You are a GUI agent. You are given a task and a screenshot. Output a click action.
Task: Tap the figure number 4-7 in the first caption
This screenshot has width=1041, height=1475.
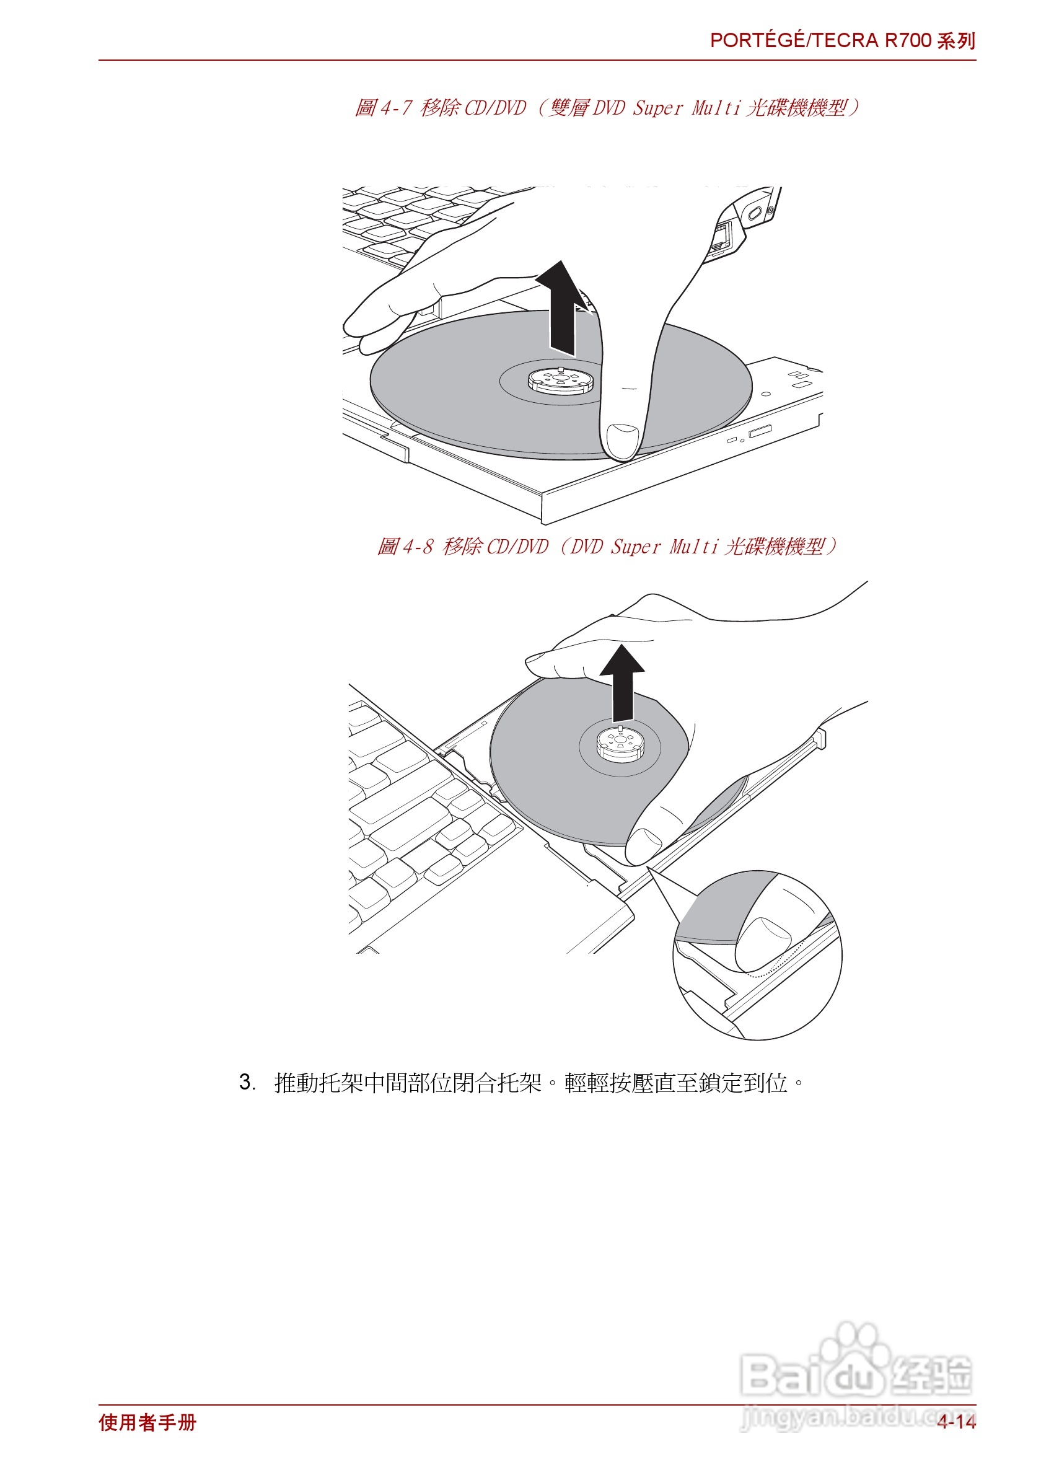(x=396, y=108)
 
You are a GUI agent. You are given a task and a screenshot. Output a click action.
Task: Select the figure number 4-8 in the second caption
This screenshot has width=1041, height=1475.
(x=418, y=547)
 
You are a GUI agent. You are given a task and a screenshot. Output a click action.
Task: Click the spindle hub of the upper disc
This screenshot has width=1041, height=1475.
(x=561, y=380)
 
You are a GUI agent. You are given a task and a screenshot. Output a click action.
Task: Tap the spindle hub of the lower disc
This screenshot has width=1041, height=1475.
(x=620, y=743)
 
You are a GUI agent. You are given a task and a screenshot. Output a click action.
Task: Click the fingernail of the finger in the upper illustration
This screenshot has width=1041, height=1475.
(x=622, y=439)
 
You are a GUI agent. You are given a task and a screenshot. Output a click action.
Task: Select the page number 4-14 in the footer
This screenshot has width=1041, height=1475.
(x=955, y=1422)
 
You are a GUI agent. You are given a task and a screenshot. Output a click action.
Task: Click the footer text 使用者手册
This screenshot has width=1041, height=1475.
(x=147, y=1422)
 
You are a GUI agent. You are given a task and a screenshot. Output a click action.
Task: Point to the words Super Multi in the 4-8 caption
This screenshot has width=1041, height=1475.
(x=665, y=547)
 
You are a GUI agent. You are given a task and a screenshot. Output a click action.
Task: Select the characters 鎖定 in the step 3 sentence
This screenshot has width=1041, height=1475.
(x=720, y=1083)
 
